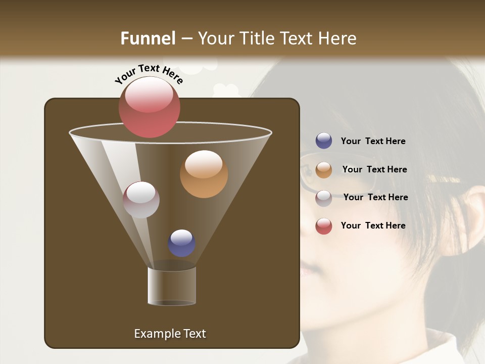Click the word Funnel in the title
[x=148, y=38]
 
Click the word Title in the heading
[x=257, y=38]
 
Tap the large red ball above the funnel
[x=149, y=107]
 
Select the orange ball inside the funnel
[x=204, y=174]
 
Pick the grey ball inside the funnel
[x=141, y=200]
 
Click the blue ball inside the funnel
[x=181, y=243]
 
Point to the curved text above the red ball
[x=149, y=73]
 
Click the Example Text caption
[x=170, y=334]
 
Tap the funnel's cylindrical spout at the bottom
[x=172, y=286]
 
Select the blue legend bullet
[x=324, y=141]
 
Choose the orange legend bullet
[x=324, y=170]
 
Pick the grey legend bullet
[x=324, y=198]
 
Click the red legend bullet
[x=324, y=226]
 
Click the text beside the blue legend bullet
[x=373, y=141]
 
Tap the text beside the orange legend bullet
[x=374, y=169]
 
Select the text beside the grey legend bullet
[x=375, y=197]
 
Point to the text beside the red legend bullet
[x=373, y=225]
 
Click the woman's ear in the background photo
[x=472, y=212]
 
